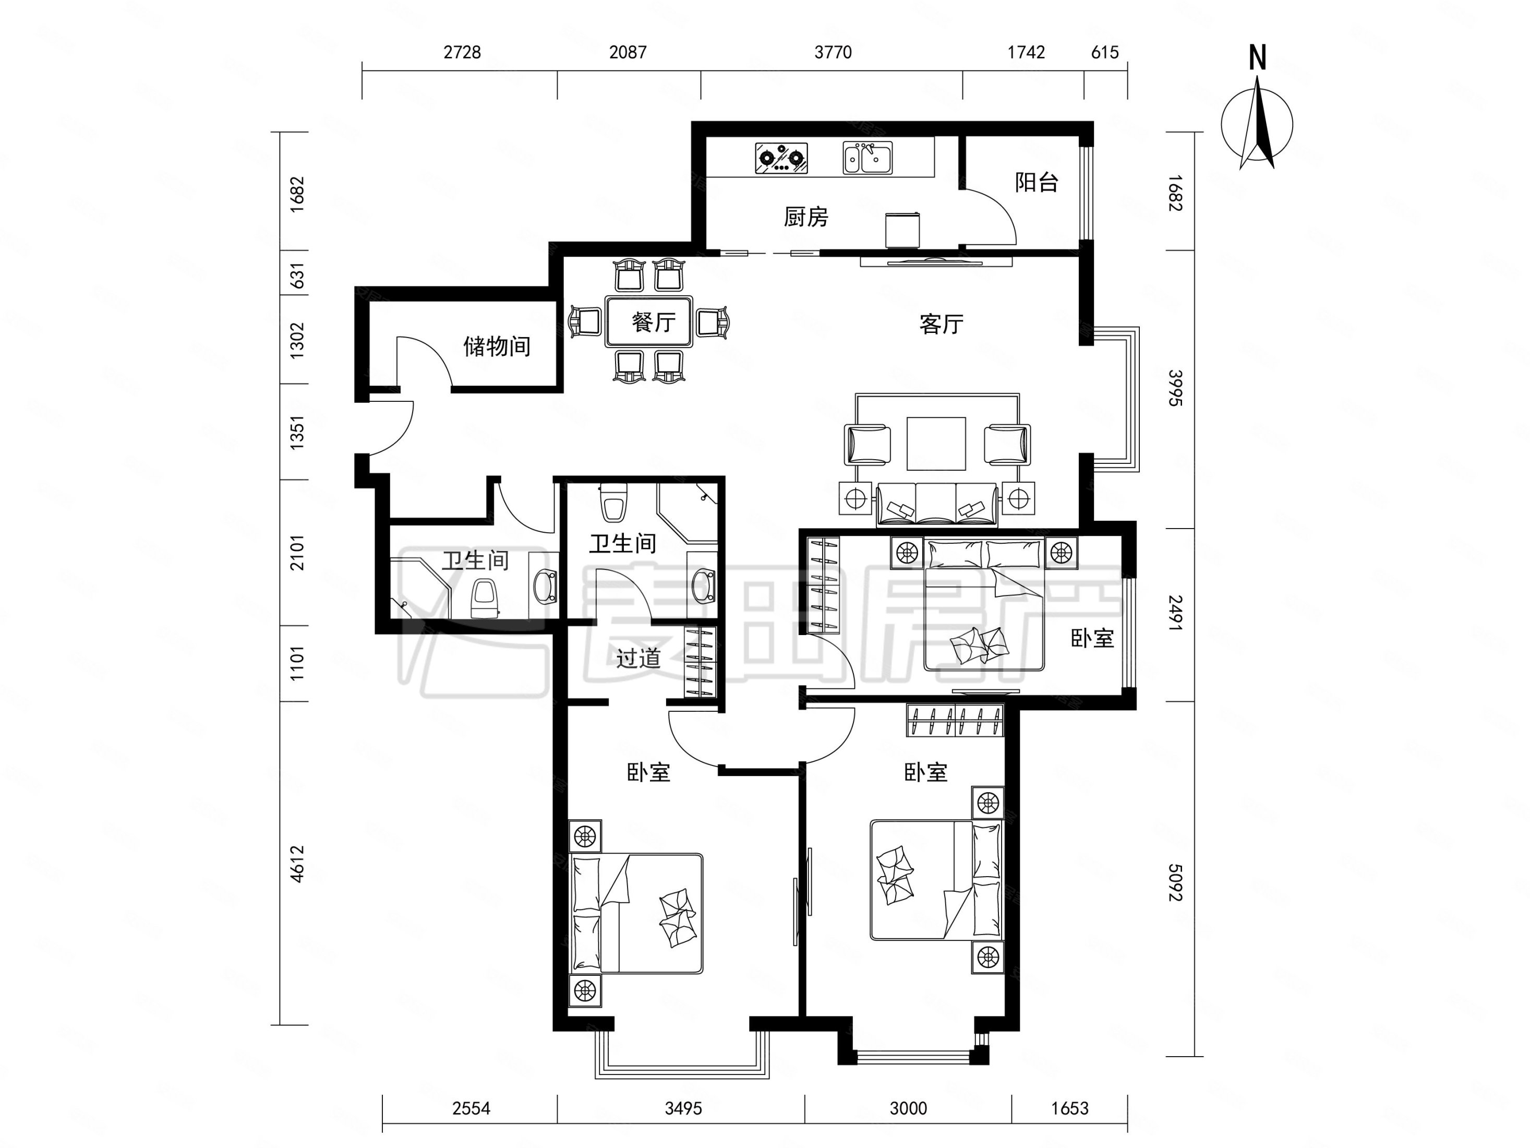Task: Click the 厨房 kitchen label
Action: pyautogui.click(x=806, y=217)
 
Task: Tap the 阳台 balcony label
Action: pyautogui.click(x=1037, y=182)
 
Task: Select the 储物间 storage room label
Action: pyautogui.click(x=497, y=346)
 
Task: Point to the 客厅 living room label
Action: pyautogui.click(x=942, y=324)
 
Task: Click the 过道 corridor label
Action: pyautogui.click(x=638, y=657)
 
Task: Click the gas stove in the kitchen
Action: pyautogui.click(x=781, y=158)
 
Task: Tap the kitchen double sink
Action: pyautogui.click(x=868, y=158)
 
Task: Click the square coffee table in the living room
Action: pyautogui.click(x=936, y=444)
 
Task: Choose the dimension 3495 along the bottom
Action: pyautogui.click(x=683, y=1108)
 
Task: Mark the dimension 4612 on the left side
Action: pyautogui.click(x=297, y=864)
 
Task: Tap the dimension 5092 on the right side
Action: pyautogui.click(x=1175, y=882)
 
